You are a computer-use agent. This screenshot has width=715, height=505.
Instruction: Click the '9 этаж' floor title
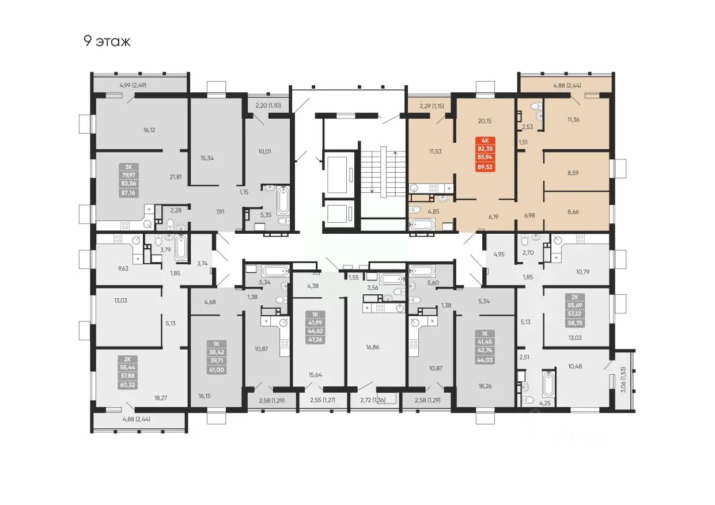107,41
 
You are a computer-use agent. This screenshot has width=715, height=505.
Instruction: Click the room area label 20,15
485,121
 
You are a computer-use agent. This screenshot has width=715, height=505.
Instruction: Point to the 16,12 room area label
149,130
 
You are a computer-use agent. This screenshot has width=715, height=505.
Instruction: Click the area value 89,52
485,167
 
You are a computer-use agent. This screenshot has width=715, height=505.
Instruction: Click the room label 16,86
373,347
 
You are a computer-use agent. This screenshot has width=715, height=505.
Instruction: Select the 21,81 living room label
176,177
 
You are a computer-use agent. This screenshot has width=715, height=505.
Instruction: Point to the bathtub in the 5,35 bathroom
283,200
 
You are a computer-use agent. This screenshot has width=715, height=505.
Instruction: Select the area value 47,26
315,339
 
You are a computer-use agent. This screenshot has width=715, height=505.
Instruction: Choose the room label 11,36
573,120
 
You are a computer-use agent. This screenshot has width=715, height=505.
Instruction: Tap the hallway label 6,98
529,216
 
